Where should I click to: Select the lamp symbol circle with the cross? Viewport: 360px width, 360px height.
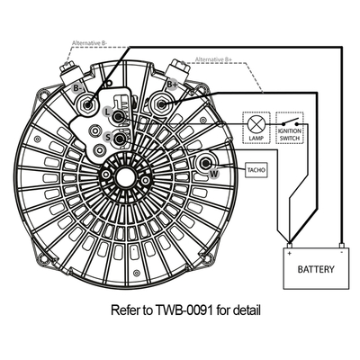[256, 122]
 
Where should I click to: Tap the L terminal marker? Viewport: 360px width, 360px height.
[108, 110]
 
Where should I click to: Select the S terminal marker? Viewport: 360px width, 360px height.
[108, 136]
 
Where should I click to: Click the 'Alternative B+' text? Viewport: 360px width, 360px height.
[216, 59]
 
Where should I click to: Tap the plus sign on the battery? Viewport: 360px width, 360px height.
[290, 253]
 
